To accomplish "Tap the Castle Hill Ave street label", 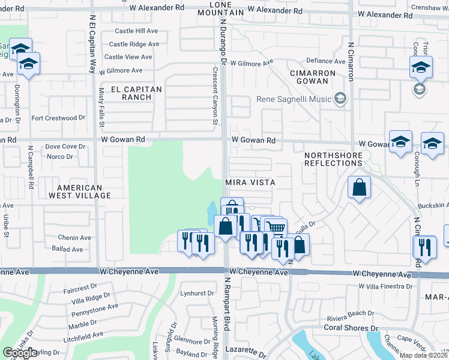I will [x=134, y=31].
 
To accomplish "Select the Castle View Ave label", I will [x=128, y=57].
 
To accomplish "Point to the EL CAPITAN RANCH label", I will [x=142, y=92].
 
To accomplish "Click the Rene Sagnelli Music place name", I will [x=294, y=99].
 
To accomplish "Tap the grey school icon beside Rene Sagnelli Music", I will [x=341, y=98].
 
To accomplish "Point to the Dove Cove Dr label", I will [x=65, y=146].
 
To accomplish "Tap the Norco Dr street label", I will [x=59, y=157].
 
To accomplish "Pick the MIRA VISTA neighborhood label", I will [x=250, y=182].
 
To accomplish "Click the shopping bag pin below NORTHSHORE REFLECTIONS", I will [x=358, y=187].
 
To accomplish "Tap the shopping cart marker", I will [x=276, y=227].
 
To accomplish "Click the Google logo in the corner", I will [x=20, y=353].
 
